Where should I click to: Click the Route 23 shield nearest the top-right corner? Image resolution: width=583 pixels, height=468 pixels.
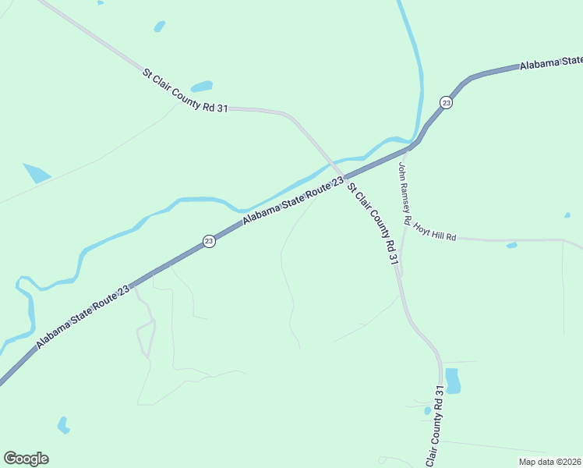point(445,102)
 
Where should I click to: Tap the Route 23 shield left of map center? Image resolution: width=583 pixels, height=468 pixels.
point(209,242)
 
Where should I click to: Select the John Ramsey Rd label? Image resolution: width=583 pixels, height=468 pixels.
point(403,193)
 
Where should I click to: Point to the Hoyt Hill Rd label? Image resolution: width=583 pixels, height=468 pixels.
point(434,231)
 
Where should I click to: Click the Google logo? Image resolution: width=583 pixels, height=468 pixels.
point(26,458)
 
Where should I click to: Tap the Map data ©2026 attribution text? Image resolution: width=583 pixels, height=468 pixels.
point(549,461)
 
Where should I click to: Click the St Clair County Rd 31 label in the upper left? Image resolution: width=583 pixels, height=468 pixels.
point(185,91)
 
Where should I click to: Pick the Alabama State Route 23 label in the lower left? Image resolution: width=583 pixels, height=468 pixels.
point(83,315)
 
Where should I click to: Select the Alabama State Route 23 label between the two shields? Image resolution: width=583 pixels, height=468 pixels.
point(292,201)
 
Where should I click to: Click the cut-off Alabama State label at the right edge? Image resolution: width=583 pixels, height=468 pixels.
point(550,62)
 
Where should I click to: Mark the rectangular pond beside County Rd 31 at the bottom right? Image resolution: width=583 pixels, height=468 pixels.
point(452,381)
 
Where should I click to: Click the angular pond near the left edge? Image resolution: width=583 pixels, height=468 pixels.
point(36,172)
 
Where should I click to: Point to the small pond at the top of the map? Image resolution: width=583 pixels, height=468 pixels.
point(160,27)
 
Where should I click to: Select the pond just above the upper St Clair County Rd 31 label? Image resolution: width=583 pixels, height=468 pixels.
point(202,86)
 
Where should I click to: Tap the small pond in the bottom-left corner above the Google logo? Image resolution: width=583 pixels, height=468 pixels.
point(63,425)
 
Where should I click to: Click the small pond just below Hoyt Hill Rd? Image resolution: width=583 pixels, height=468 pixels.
point(511,246)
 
